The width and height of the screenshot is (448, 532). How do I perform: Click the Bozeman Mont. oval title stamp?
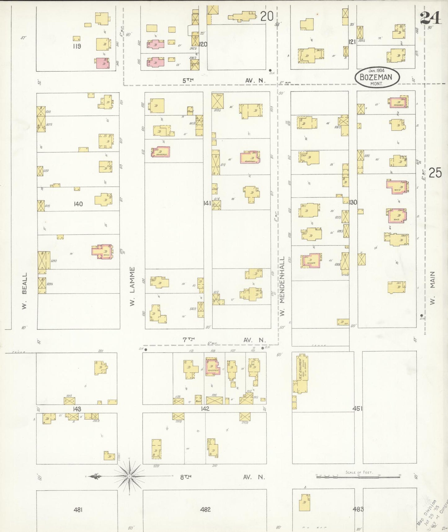point(377,77)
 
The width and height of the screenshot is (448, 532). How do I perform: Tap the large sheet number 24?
point(430,18)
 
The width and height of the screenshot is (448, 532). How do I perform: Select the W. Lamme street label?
point(132,286)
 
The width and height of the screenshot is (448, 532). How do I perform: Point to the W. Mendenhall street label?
point(282,286)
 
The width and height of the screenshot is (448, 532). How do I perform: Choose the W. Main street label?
point(432,288)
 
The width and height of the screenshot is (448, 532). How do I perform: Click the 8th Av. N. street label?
point(223,477)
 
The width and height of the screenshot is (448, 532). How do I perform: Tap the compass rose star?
point(129,476)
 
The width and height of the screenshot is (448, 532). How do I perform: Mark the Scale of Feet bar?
point(358,476)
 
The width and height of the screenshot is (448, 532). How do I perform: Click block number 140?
point(78,204)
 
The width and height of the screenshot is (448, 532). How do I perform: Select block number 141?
point(207,203)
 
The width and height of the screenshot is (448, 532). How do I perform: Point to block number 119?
point(77,46)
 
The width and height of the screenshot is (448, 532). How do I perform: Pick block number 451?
point(357,408)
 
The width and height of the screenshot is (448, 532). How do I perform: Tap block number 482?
point(205,509)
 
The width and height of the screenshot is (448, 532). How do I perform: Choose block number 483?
point(358,509)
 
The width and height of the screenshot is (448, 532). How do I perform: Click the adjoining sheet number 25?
point(435,173)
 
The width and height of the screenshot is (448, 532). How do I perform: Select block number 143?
point(77,409)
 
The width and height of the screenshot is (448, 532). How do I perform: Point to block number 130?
point(353,202)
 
